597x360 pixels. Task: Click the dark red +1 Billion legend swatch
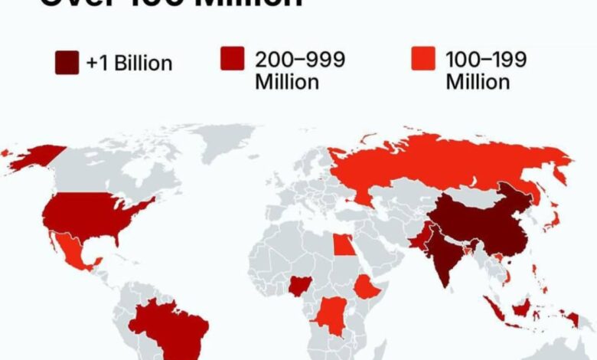click(x=67, y=63)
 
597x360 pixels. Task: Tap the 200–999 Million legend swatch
click(x=233, y=59)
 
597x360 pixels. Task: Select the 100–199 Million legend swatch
click(x=423, y=59)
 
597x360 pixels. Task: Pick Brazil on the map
click(x=168, y=325)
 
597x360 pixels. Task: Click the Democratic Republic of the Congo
click(x=331, y=313)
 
